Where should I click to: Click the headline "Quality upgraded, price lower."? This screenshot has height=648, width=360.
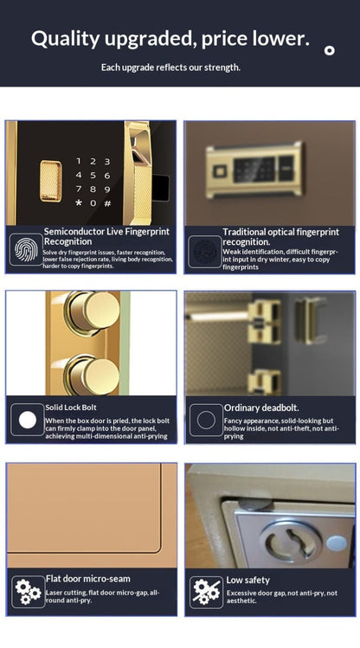(170, 38)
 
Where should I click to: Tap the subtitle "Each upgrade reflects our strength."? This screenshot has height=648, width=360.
(170, 67)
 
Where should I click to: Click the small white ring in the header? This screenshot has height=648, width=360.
(329, 50)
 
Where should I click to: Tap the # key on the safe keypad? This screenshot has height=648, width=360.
(107, 203)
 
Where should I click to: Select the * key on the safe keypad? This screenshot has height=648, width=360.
(79, 203)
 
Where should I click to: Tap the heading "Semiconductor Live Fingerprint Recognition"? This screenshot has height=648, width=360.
(106, 236)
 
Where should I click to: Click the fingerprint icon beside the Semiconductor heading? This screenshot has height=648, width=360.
(26, 249)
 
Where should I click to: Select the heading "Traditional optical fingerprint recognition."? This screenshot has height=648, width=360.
(280, 236)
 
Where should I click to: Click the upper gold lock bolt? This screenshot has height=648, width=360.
(89, 314)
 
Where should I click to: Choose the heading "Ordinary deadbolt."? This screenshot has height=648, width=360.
(261, 407)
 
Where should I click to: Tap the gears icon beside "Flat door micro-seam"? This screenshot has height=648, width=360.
(27, 593)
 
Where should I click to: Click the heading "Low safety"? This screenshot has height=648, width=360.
(247, 580)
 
